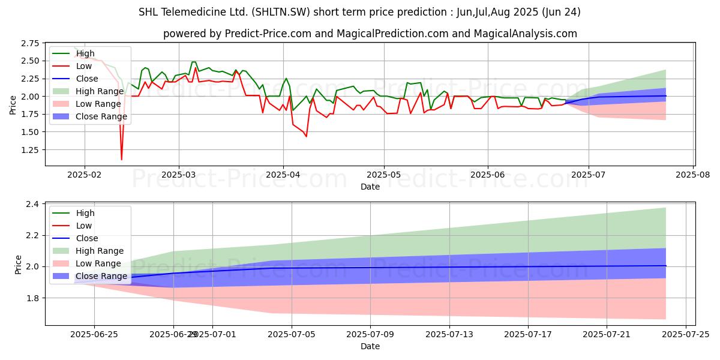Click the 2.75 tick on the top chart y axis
click(x=30, y=44)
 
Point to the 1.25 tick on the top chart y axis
click(x=30, y=150)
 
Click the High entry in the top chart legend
click(x=85, y=53)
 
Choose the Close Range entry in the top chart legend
click(x=100, y=116)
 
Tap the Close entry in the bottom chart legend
click(x=87, y=238)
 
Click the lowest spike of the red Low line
click(x=121, y=159)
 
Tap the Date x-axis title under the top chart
click(x=370, y=187)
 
